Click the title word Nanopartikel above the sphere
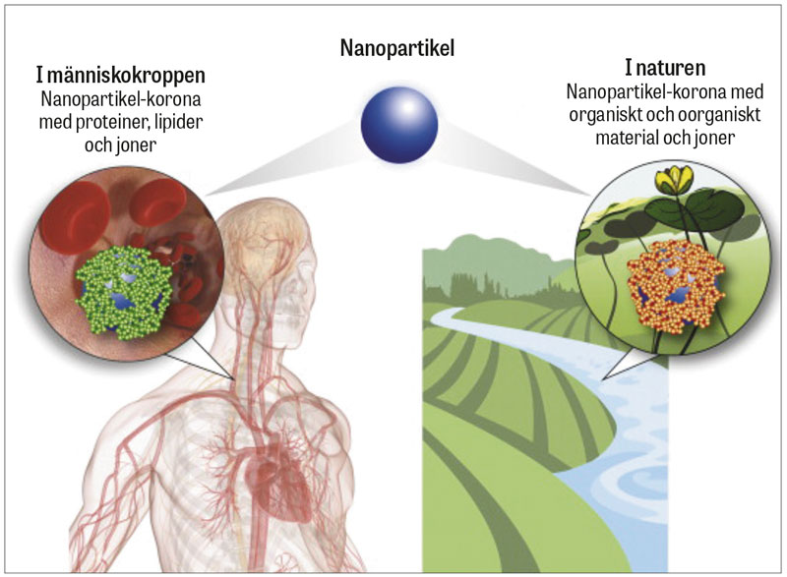[397, 46]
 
